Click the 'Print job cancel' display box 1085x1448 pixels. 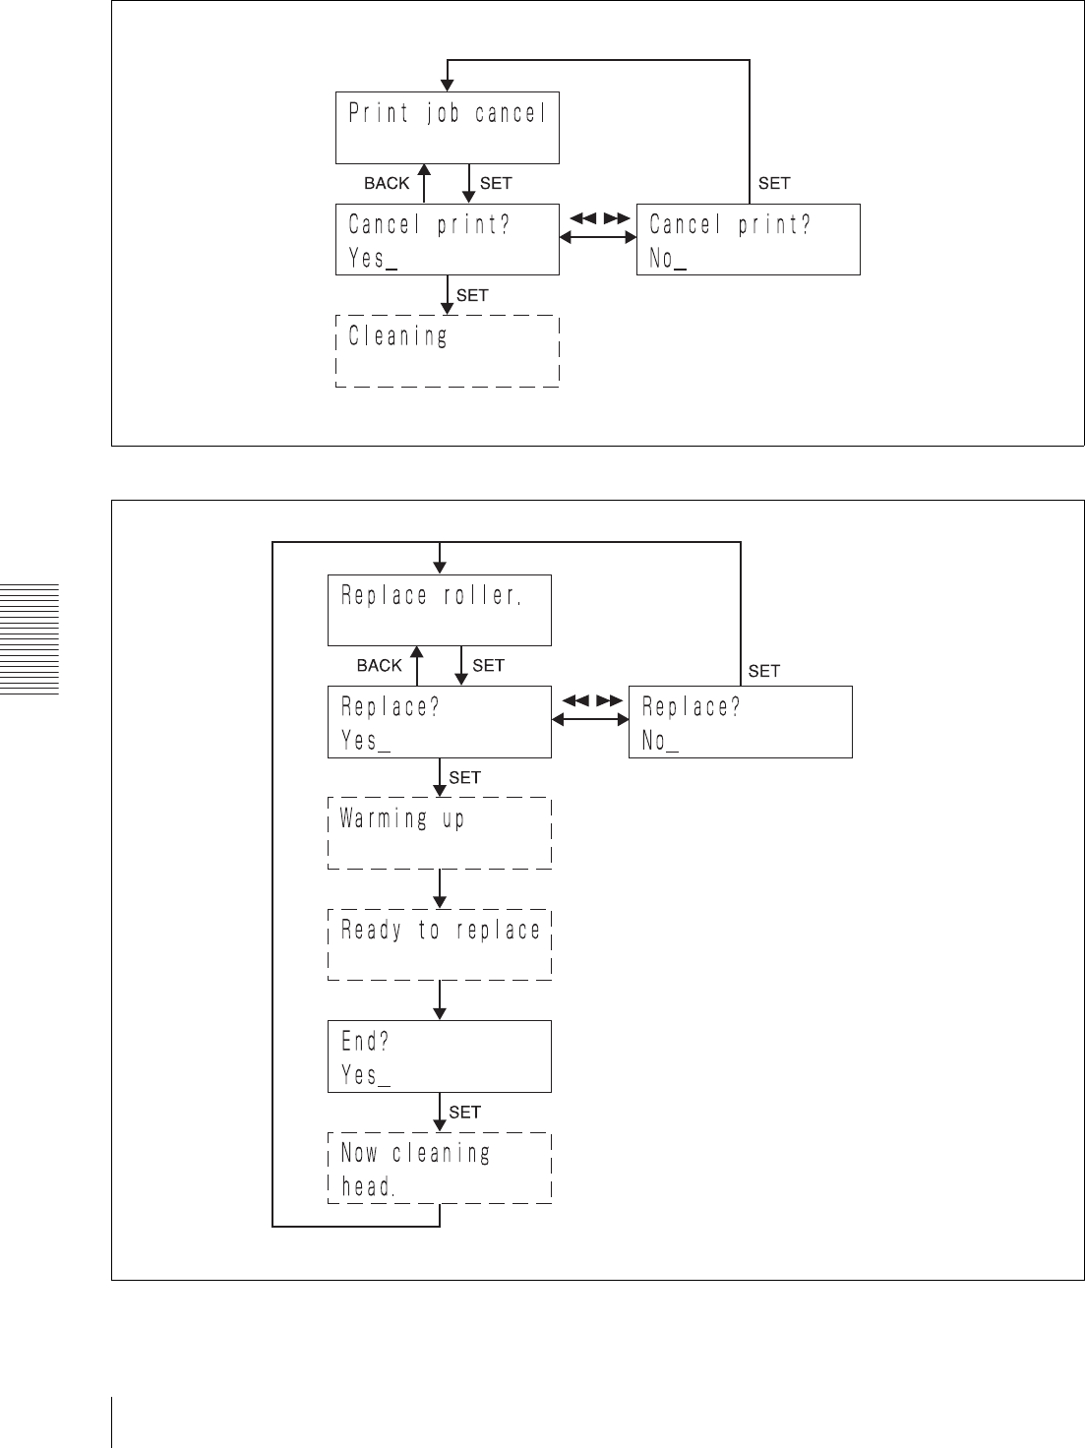tap(447, 128)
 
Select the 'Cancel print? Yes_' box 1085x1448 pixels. tap(447, 239)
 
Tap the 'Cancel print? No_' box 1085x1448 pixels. tap(748, 239)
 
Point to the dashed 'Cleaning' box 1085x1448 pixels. tap(447, 351)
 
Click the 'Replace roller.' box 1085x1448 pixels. tap(439, 610)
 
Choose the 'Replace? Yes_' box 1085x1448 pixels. tap(439, 722)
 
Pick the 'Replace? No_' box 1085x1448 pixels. tap(740, 722)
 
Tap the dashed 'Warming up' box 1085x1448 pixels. tap(439, 833)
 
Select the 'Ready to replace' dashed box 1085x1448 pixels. tap(439, 944)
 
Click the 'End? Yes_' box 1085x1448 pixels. tap(439, 1056)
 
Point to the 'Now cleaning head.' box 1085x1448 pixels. tap(439, 1168)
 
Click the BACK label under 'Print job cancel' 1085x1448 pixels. tap(387, 183)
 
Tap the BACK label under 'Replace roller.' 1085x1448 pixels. tap(379, 666)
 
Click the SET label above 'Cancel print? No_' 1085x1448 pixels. tap(774, 183)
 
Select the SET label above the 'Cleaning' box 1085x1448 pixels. tap(472, 295)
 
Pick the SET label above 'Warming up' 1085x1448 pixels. tap(464, 777)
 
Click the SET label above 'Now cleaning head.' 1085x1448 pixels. tap(464, 1112)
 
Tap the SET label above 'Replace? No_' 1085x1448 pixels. tap(764, 671)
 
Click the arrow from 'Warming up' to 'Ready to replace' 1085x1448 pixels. tap(440, 889)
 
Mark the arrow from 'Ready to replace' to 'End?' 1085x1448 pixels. tap(440, 1000)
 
